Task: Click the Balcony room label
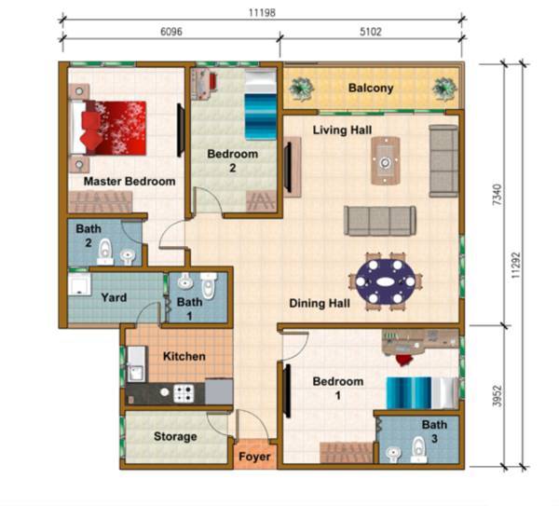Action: [x=371, y=89]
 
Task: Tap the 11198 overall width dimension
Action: [x=262, y=13]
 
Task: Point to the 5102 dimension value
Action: [x=371, y=32]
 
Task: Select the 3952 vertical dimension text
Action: [x=497, y=396]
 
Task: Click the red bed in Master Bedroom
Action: [x=108, y=128]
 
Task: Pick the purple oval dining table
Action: [x=386, y=281]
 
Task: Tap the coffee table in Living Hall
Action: [x=385, y=161]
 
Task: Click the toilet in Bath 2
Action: [x=104, y=252]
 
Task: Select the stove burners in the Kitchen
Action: [x=184, y=393]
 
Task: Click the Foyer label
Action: [x=254, y=457]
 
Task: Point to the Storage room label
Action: [x=175, y=436]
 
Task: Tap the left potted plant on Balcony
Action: [x=301, y=89]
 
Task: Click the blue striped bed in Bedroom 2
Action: [x=261, y=104]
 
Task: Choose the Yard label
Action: [x=114, y=297]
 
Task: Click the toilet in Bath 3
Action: [x=418, y=450]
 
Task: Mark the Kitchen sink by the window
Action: [x=136, y=363]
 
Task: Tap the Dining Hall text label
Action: [x=320, y=304]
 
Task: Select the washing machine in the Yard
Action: [x=79, y=284]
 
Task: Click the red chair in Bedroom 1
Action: [x=404, y=360]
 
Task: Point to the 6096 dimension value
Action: [x=171, y=32]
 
